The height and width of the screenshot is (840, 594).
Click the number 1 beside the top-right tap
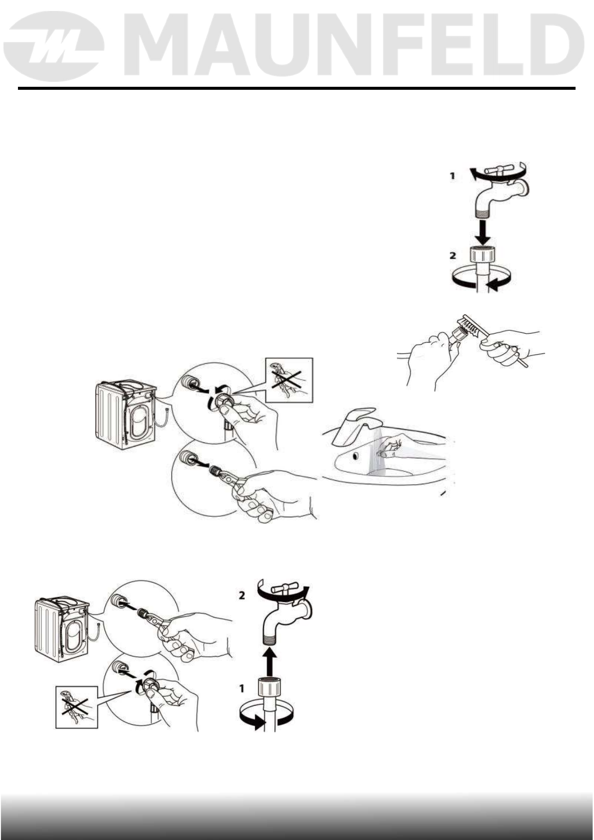tap(452, 176)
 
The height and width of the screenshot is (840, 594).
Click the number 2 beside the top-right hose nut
tap(452, 255)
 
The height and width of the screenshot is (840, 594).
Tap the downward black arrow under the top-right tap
tap(482, 231)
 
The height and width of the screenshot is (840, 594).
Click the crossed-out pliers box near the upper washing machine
tap(289, 380)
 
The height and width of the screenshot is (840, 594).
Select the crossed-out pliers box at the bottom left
tap(76, 707)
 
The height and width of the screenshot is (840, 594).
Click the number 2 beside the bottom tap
tap(242, 596)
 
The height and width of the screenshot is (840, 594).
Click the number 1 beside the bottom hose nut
tap(242, 688)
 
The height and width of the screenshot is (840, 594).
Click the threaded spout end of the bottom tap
tap(270, 638)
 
